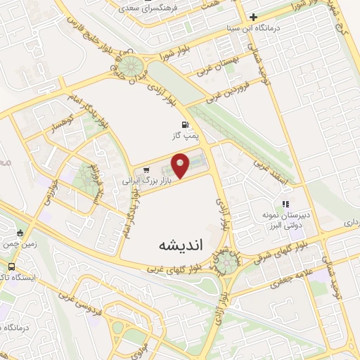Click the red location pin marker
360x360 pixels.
pos(181,166)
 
